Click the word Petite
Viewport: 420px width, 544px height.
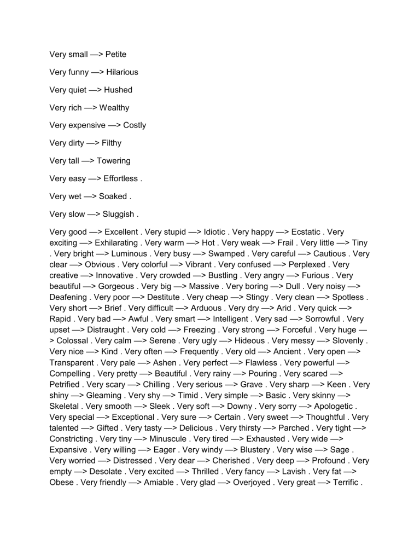click(x=116, y=54)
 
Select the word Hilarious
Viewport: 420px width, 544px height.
click(x=122, y=72)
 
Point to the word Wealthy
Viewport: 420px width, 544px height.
click(x=114, y=107)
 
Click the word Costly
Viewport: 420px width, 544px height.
click(x=135, y=125)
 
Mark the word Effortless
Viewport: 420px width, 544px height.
click(x=120, y=178)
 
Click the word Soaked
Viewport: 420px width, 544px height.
click(x=113, y=196)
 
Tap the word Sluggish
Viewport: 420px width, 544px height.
click(x=118, y=213)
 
